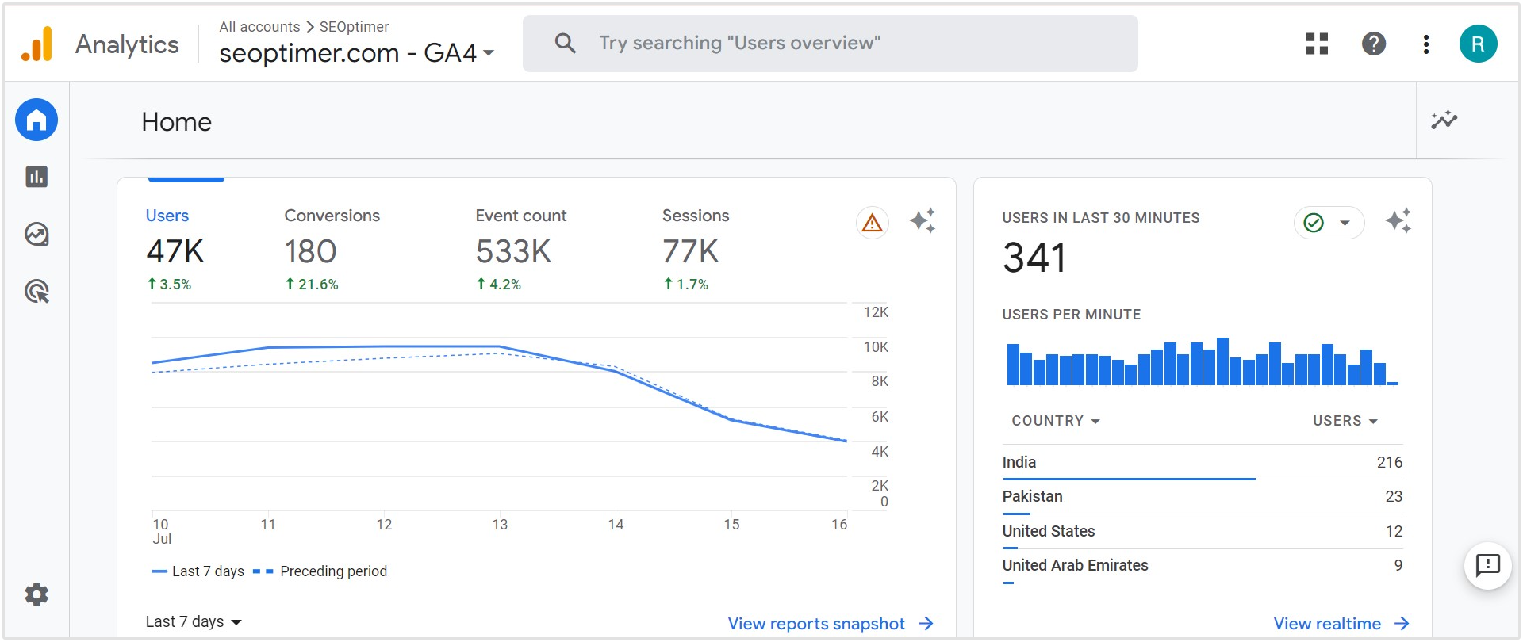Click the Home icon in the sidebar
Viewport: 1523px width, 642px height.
(x=36, y=120)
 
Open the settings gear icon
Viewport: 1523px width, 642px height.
(x=36, y=594)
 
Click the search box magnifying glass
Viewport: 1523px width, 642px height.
(x=565, y=43)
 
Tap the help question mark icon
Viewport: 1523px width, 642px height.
(x=1373, y=44)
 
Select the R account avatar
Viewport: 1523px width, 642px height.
(x=1478, y=44)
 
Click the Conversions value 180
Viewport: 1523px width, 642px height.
(x=310, y=252)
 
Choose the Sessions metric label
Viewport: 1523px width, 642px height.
(x=695, y=216)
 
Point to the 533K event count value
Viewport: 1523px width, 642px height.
(x=513, y=252)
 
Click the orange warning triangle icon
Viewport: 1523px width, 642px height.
(x=872, y=223)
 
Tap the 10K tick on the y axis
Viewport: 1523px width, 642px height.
(x=876, y=347)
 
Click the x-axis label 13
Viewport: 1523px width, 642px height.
(x=500, y=525)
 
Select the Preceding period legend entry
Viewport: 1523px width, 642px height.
(x=333, y=571)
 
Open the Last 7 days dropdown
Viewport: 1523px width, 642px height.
(x=194, y=622)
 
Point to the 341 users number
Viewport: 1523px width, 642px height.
(x=1034, y=258)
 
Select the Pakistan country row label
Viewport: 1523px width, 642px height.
(x=1032, y=496)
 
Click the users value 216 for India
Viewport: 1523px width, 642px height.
(x=1389, y=462)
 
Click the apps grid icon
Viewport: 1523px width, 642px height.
(x=1317, y=44)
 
